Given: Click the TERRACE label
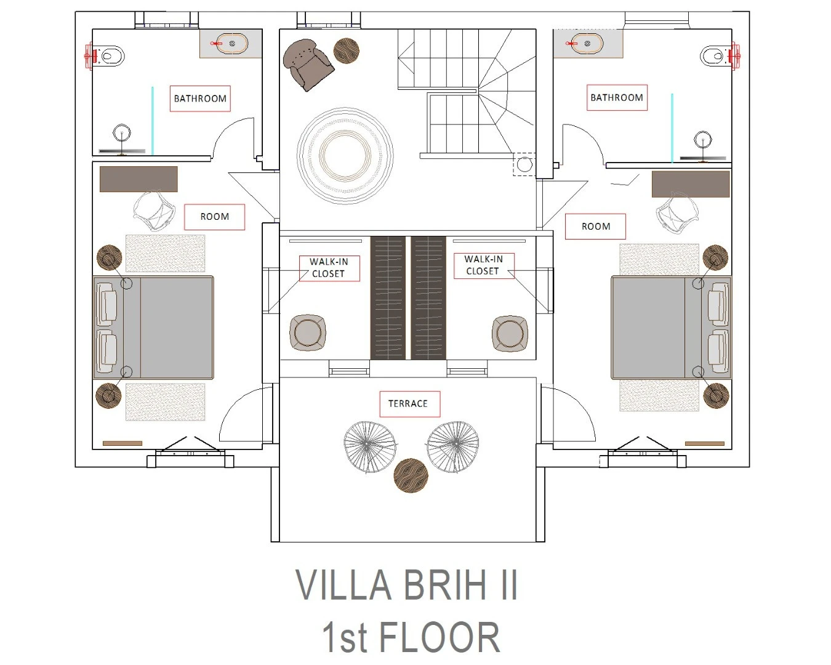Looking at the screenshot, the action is pos(407,404).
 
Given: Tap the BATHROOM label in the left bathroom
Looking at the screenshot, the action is pos(200,99).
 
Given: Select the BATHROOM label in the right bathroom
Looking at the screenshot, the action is pos(617,98).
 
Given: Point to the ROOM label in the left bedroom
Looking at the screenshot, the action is pos(214,217).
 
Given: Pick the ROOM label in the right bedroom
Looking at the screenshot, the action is pos(596,227).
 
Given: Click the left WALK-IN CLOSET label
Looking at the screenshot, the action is pos(329,268).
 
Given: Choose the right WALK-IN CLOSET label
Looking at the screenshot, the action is pos(483,265).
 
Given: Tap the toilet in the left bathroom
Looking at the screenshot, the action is pos(110,57).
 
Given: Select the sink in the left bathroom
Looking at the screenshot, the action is pos(231,44).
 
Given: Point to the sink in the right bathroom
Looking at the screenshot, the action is pos(586,44).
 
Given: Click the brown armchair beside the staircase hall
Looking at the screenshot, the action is pos(308,64).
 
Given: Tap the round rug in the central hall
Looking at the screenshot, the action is pos(345,156).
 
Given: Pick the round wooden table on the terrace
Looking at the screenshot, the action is pos(411,476).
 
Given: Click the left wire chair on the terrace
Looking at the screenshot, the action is pos(370,446).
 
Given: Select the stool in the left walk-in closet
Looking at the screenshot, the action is pos(308,332).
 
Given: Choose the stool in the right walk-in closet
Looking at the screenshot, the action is pos(510,334).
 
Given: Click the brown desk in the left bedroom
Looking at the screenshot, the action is pos(138,179).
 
